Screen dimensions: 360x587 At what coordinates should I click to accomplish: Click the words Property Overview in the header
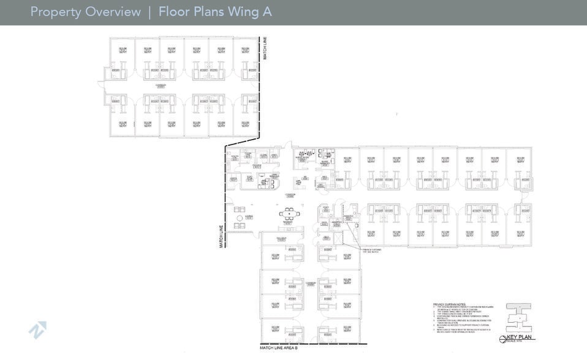coord(85,12)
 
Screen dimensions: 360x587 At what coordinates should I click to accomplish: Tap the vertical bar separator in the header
coord(150,12)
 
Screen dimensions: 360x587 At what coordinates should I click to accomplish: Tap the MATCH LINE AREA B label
coord(278,348)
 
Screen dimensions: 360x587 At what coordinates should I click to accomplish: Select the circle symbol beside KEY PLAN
coord(503,339)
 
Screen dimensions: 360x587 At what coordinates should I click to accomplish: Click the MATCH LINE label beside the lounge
coord(222,236)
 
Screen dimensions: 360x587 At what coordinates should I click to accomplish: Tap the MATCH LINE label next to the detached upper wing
coord(265,48)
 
